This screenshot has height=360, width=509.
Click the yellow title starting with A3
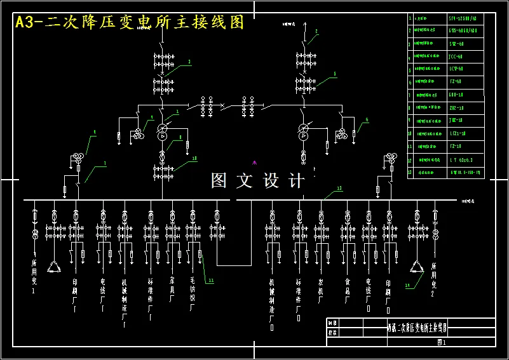[129, 22]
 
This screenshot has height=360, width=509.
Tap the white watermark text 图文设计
[258, 181]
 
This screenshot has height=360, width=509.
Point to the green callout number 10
[194, 158]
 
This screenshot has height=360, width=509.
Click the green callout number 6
[367, 119]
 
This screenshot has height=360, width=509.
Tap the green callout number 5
[335, 74]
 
